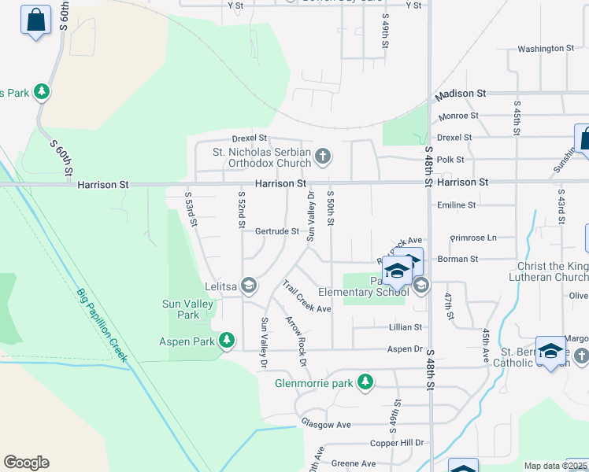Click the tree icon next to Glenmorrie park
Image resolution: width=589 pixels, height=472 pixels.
(365, 383)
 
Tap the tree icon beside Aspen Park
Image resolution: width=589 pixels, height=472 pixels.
(227, 341)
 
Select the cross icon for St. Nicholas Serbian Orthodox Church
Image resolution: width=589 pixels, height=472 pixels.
(322, 157)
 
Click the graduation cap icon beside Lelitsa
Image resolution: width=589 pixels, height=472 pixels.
(249, 285)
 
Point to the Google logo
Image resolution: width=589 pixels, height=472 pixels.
(26, 463)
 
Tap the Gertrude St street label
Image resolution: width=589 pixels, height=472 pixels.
(276, 231)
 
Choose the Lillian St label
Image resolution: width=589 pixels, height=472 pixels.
(406, 326)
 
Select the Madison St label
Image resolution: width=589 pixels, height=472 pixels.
(467, 94)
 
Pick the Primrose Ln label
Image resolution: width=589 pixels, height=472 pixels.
(473, 238)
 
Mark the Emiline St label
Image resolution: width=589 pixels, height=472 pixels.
(457, 205)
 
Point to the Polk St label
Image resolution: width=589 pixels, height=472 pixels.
(450, 159)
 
